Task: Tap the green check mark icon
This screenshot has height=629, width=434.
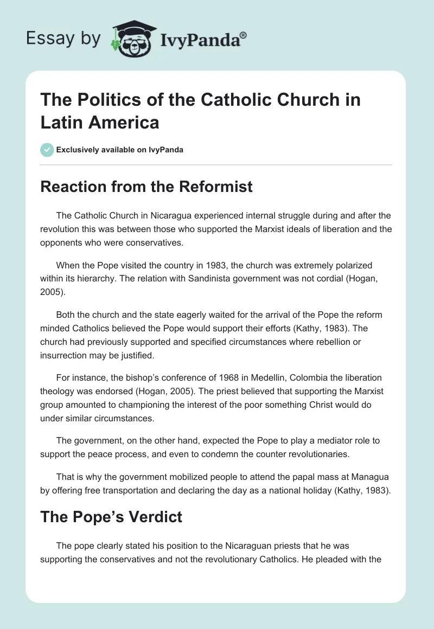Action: coord(47,150)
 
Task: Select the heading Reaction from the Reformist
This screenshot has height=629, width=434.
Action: coord(146,187)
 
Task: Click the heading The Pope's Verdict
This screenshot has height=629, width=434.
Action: coord(111,517)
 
